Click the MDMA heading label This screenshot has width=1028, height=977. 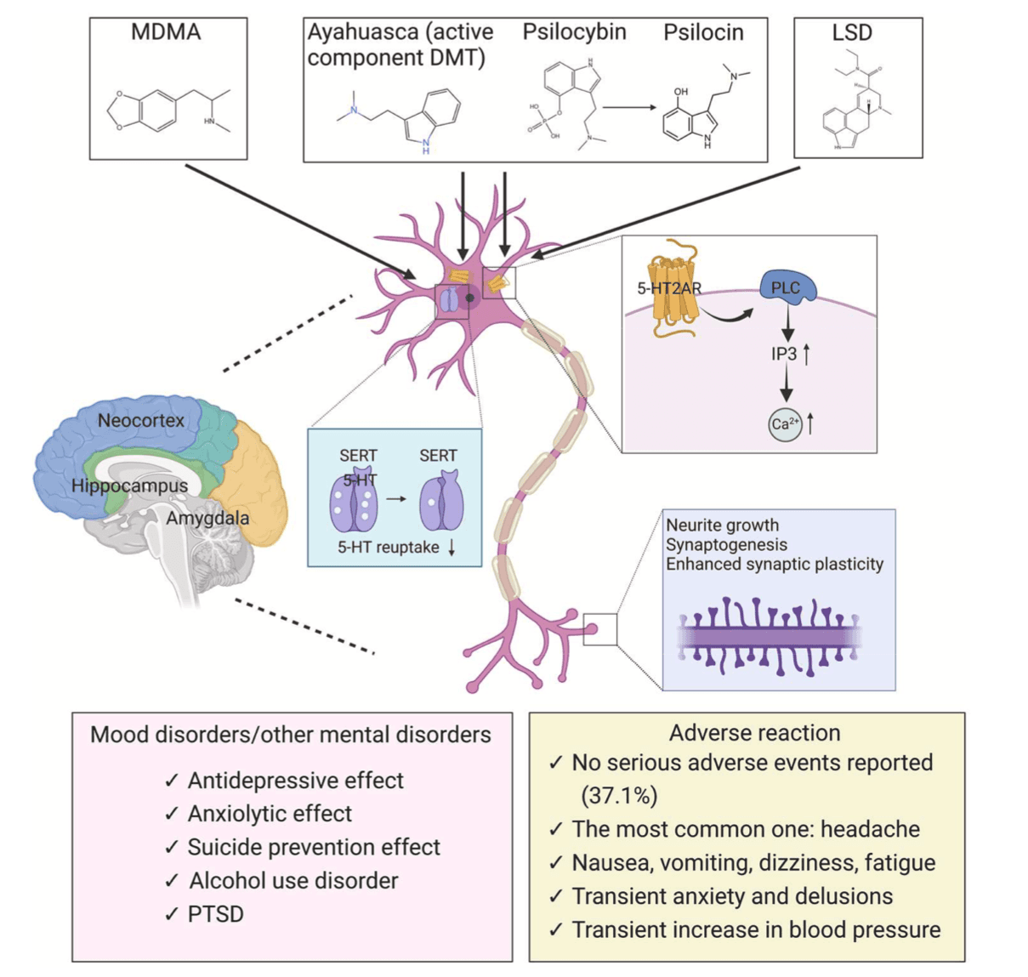click(166, 33)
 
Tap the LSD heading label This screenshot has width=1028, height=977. click(851, 33)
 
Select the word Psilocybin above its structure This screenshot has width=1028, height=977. click(574, 32)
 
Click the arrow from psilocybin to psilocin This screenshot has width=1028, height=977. click(630, 107)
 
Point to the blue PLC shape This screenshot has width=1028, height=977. click(787, 288)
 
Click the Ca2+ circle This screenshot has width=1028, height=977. click(784, 423)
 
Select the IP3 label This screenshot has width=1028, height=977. click(784, 353)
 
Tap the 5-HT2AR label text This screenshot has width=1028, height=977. click(669, 288)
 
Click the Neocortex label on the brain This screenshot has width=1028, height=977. click(140, 420)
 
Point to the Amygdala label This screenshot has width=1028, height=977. click(207, 518)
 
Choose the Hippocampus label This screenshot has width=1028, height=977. click(129, 486)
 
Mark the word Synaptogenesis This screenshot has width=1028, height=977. click(726, 544)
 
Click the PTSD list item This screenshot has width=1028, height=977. click(215, 914)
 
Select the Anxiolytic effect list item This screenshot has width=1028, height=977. click(270, 814)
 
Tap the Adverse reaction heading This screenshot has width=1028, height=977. click(754, 733)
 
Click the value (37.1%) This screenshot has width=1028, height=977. click(619, 795)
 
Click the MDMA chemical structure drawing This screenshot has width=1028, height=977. click(168, 111)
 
